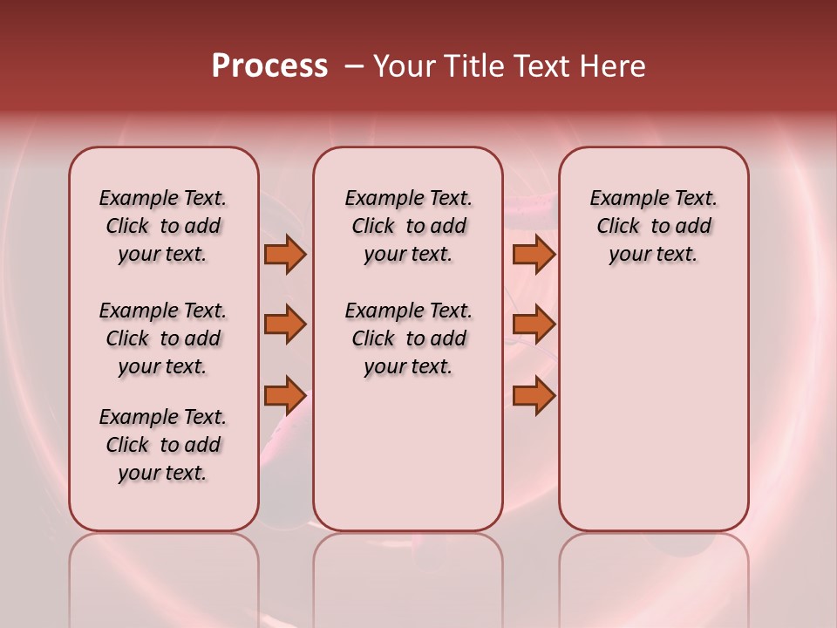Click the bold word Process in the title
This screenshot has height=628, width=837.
[x=269, y=66]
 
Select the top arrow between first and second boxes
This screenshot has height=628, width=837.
[x=285, y=255]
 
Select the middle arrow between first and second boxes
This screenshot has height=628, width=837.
[x=285, y=324]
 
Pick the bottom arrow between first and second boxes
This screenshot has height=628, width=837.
[x=285, y=396]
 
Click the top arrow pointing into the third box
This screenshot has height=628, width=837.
[x=534, y=255]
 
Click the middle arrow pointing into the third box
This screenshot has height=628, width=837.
[x=534, y=324]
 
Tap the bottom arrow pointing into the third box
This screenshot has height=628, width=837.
[x=534, y=396]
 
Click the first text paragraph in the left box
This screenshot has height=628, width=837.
[x=163, y=226]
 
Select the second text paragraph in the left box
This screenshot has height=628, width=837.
[x=163, y=338]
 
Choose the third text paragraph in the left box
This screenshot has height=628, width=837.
[x=163, y=445]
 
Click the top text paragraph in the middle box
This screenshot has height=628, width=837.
[x=408, y=226]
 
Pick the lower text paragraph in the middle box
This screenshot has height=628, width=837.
[x=408, y=338]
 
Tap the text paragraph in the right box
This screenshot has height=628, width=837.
[x=654, y=226]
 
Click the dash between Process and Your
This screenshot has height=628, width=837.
[x=354, y=66]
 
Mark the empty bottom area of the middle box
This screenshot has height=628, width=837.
[x=408, y=462]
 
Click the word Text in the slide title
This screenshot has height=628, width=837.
[x=543, y=66]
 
